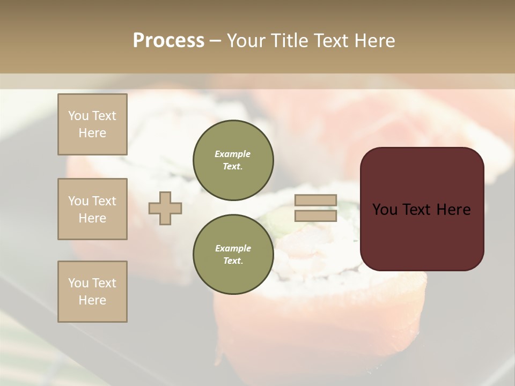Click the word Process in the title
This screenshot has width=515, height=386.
(x=168, y=41)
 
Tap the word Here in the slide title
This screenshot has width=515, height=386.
(x=373, y=41)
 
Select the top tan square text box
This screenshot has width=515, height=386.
(x=92, y=124)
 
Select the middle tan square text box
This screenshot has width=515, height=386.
(x=92, y=209)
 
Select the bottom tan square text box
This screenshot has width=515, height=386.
(x=92, y=292)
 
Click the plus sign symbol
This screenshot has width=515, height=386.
(x=165, y=208)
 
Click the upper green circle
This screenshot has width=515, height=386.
(x=233, y=160)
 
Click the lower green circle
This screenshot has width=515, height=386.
(x=233, y=254)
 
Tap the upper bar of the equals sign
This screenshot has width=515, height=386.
(x=316, y=201)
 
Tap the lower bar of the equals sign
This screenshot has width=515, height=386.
(x=316, y=216)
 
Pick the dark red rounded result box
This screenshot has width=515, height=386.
(x=422, y=236)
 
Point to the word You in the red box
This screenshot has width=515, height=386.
(x=385, y=210)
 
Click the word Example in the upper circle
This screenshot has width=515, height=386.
(x=233, y=154)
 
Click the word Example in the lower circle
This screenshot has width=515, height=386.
(x=233, y=248)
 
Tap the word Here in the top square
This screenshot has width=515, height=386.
(x=92, y=133)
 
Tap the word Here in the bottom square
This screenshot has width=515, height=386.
(x=92, y=300)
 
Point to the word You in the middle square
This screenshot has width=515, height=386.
(x=78, y=201)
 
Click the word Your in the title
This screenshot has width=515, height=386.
(x=248, y=41)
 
